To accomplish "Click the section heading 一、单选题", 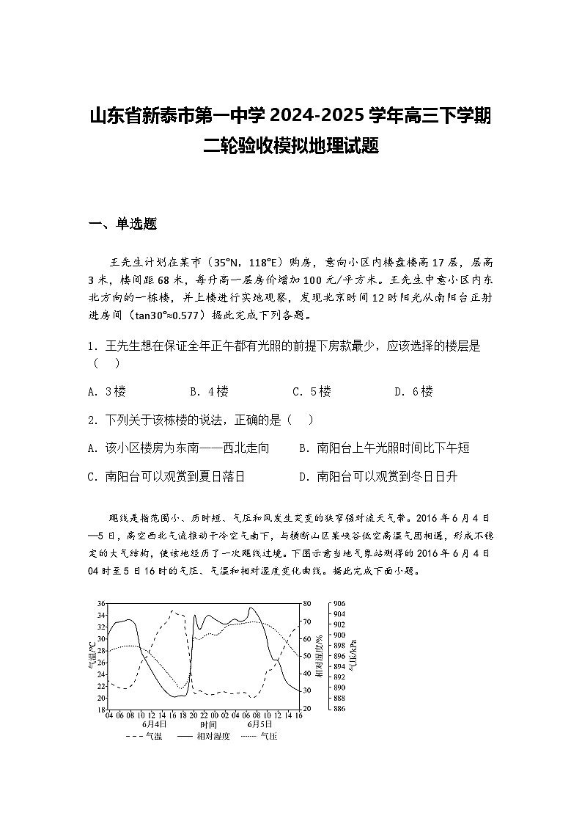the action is [x=123, y=225].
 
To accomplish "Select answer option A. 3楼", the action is [x=107, y=391].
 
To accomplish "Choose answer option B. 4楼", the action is [x=209, y=391].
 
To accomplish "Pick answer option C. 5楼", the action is [x=312, y=391].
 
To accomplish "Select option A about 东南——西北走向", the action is [x=178, y=448].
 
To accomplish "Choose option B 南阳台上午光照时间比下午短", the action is [x=384, y=448].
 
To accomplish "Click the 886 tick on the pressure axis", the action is [x=339, y=709].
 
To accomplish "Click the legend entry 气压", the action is [x=259, y=736].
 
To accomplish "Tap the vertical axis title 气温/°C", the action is [x=91, y=655].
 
